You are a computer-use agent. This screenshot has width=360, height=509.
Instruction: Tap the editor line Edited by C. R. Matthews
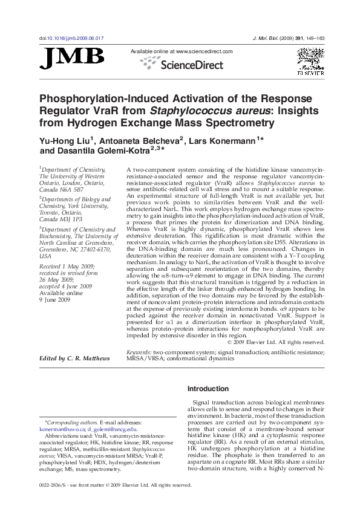pos(74,358)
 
